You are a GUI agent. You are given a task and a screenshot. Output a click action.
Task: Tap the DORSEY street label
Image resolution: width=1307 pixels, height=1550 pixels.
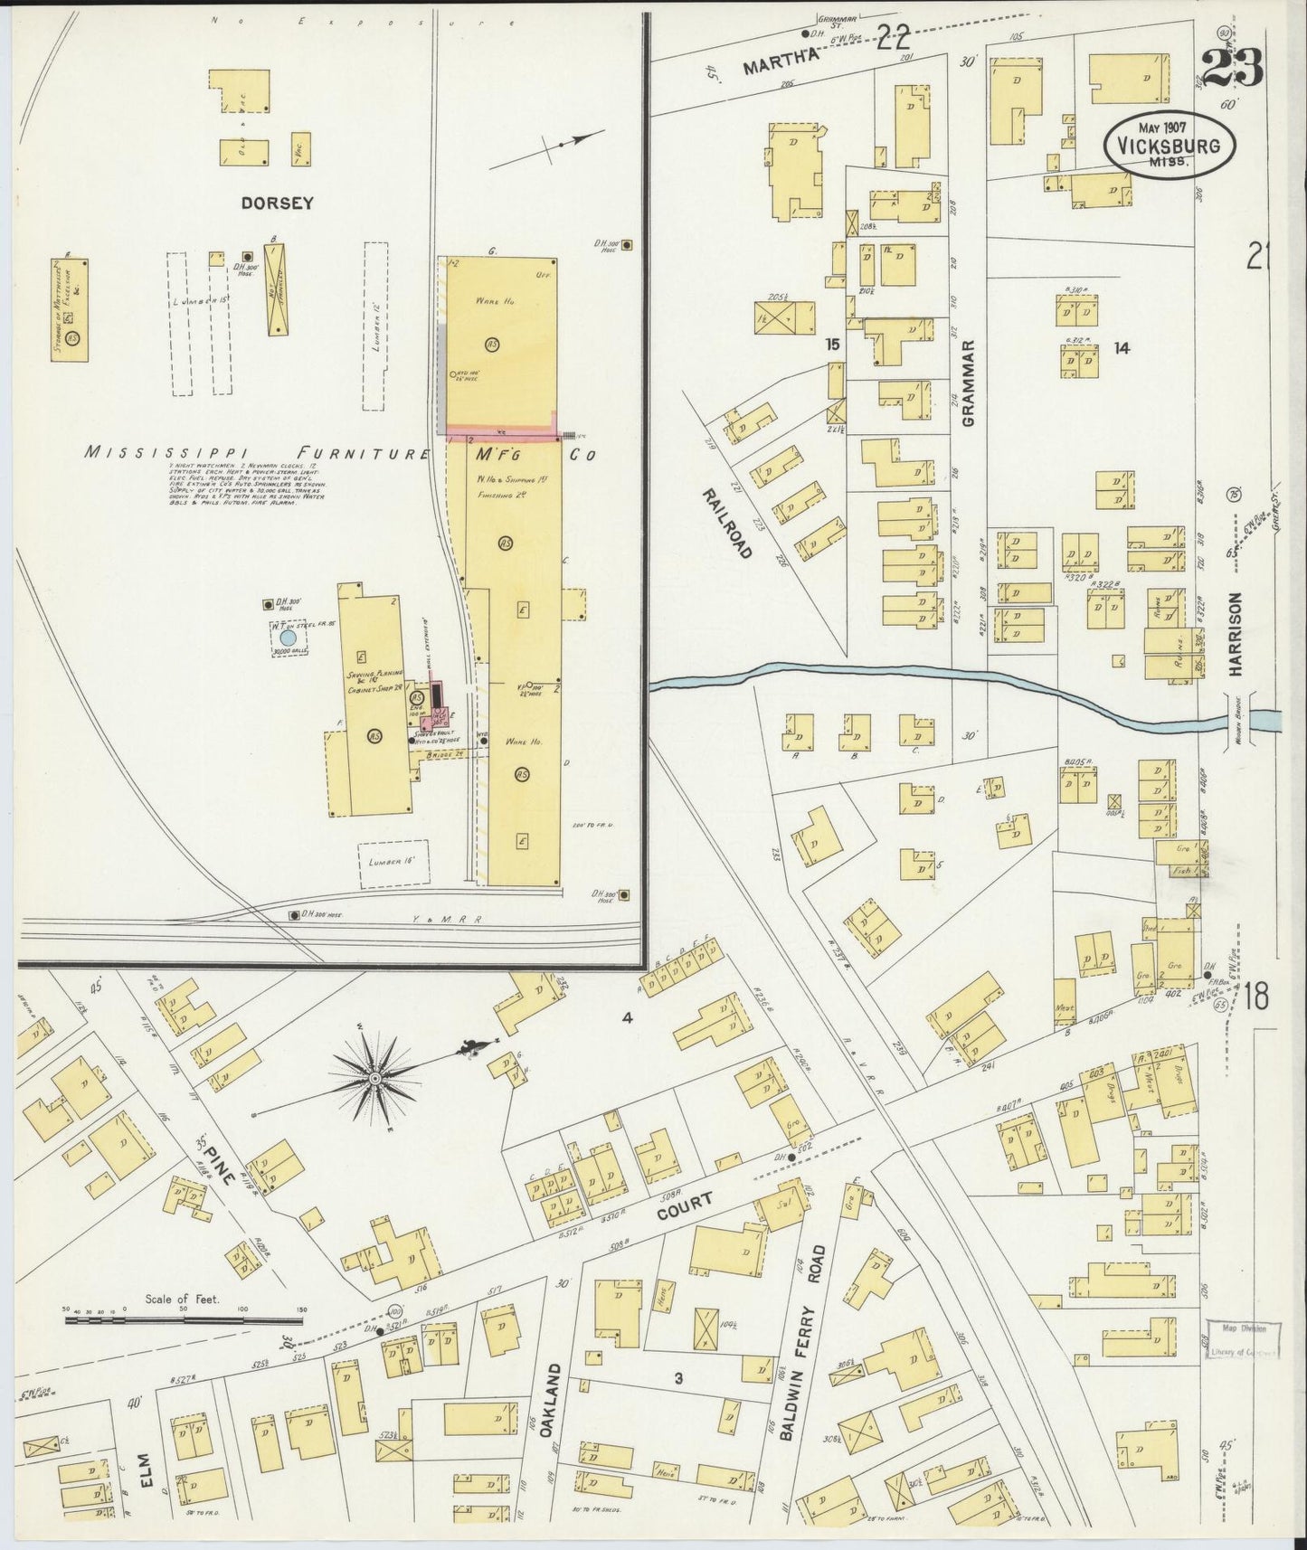pyautogui.click(x=277, y=203)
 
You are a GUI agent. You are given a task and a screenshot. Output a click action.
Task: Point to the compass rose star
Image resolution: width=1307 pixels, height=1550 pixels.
pyautogui.click(x=374, y=1078)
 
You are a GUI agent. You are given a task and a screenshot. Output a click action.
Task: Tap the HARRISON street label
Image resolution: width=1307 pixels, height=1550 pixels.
pyautogui.click(x=1236, y=634)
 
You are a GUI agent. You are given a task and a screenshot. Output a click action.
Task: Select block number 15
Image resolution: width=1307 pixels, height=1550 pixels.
pyautogui.click(x=832, y=344)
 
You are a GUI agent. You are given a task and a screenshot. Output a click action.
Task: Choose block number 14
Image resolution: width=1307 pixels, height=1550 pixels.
pyautogui.click(x=1122, y=348)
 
